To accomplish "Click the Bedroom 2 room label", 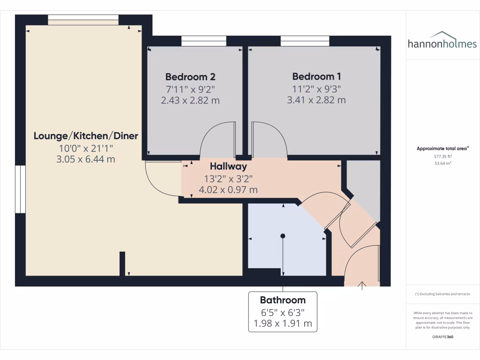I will point(190,76).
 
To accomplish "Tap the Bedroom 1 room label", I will point(316,76).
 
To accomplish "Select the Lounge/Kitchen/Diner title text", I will point(86,136).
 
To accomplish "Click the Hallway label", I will point(228,166).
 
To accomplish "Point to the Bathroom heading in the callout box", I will point(283,300).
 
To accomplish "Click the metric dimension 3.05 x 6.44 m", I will point(86,159).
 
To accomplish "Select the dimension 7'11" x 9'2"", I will point(190,89).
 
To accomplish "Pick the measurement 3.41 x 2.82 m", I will point(316,100).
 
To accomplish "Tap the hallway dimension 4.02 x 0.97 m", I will point(228,190).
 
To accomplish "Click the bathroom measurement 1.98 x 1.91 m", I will point(283,323).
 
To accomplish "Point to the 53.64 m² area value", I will point(442,163).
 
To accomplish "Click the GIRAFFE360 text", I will point(442,337).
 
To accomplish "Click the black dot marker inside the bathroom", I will point(283,236).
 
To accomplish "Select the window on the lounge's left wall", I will point(20,189).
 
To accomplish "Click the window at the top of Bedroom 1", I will point(305,41).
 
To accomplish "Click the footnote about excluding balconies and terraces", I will point(442,294).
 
